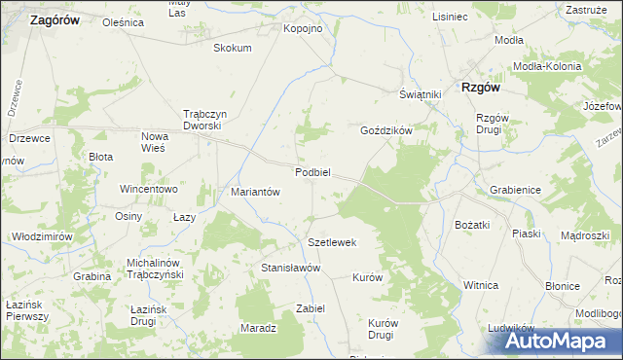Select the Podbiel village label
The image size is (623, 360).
[x=313, y=172]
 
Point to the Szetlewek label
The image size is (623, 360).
[x=333, y=242]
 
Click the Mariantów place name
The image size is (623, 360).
[x=255, y=192]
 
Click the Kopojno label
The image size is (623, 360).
[x=303, y=29]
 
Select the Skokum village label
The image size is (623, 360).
[x=232, y=48]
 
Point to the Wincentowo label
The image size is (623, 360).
[x=148, y=189]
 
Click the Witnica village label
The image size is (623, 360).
[x=481, y=285]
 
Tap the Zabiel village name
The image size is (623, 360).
[x=310, y=308]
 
